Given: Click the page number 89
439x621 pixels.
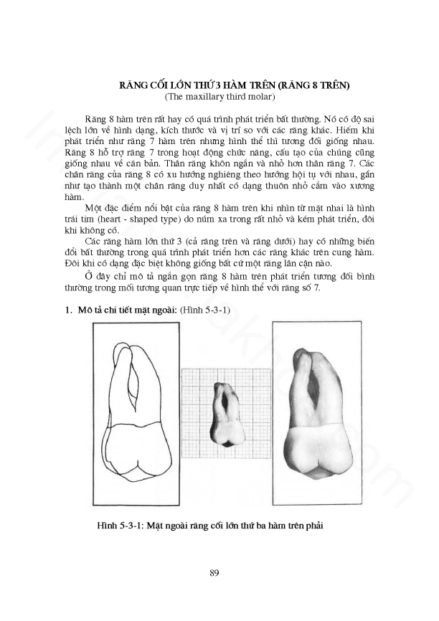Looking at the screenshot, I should click(x=214, y=572).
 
